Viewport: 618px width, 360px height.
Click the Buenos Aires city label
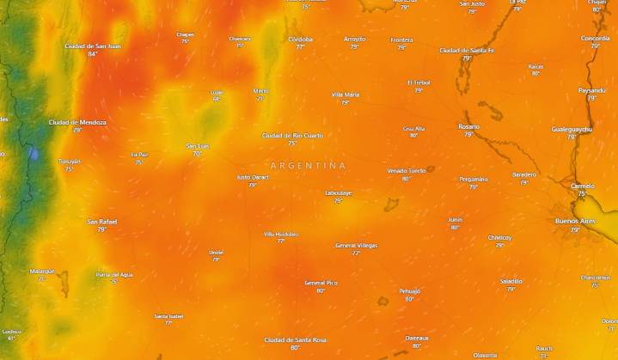pos(575,221)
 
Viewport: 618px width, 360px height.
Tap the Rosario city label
pos(469,126)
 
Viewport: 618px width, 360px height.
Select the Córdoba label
pos(300,39)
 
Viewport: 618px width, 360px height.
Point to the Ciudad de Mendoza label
pos(77,122)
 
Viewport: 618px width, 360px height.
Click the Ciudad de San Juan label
pos(92,46)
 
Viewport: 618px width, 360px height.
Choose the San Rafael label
pos(101,222)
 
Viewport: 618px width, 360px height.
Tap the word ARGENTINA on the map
pos(308,165)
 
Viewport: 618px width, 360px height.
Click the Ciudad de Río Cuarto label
pos(292,135)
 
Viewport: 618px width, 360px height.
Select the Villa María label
pos(346,95)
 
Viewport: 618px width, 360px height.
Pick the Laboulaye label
pos(339,192)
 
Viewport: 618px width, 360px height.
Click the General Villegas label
pos(356,245)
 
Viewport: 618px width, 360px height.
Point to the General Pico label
pos(321,282)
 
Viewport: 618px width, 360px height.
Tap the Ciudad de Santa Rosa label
pos(295,339)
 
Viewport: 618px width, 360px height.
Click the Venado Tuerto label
pos(406,170)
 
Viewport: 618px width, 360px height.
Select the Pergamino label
pos(473,179)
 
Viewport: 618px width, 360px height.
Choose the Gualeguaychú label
pos(572,129)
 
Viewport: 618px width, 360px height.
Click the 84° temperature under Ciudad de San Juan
pos(92,54)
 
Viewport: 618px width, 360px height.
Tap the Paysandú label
pos(591,90)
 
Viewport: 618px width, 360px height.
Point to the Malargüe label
pos(41,271)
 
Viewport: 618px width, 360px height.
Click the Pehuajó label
pos(409,290)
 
